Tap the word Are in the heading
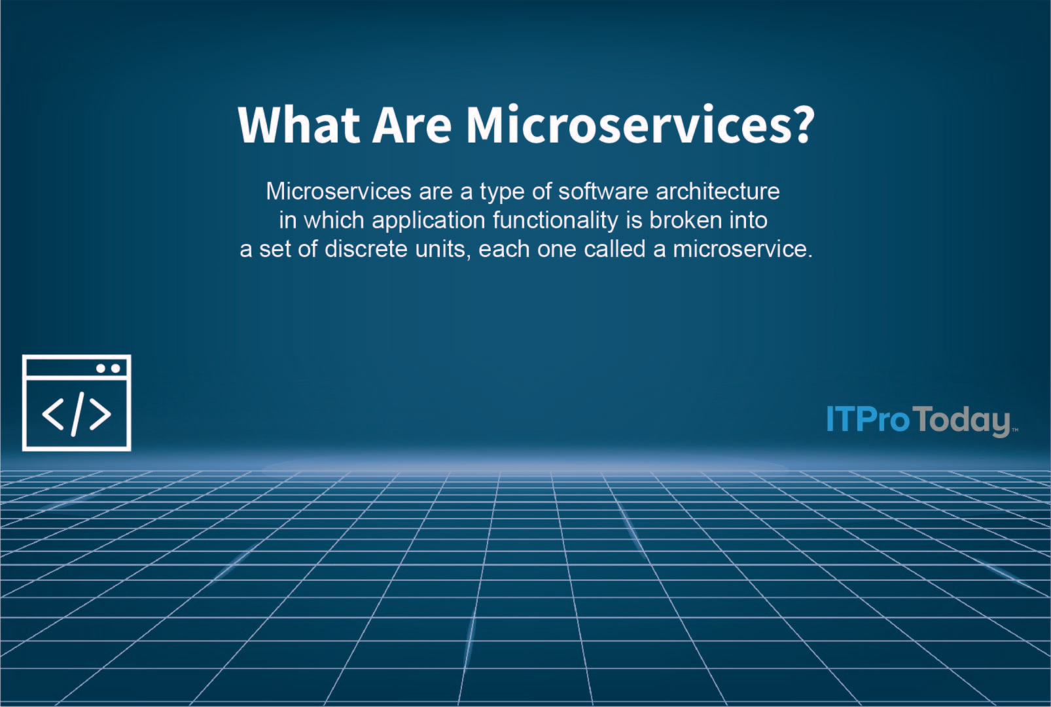coord(412,124)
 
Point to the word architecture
coord(718,192)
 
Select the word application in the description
coord(428,221)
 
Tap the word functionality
coord(555,221)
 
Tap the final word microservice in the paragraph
coord(741,249)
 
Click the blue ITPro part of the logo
coord(868,419)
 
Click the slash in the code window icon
coord(77,414)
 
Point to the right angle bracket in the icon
coord(100,414)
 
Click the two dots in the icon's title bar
coord(108,368)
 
